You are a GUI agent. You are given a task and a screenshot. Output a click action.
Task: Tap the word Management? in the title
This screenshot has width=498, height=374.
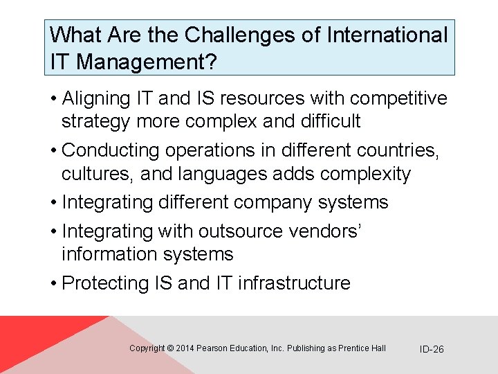(x=147, y=62)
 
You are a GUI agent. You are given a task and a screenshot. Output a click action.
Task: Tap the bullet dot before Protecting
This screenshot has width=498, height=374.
(x=54, y=283)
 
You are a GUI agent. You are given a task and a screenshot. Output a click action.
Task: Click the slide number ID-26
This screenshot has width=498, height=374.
(x=432, y=349)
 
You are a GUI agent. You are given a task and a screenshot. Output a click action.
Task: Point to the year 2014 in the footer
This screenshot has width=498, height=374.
(x=185, y=348)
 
